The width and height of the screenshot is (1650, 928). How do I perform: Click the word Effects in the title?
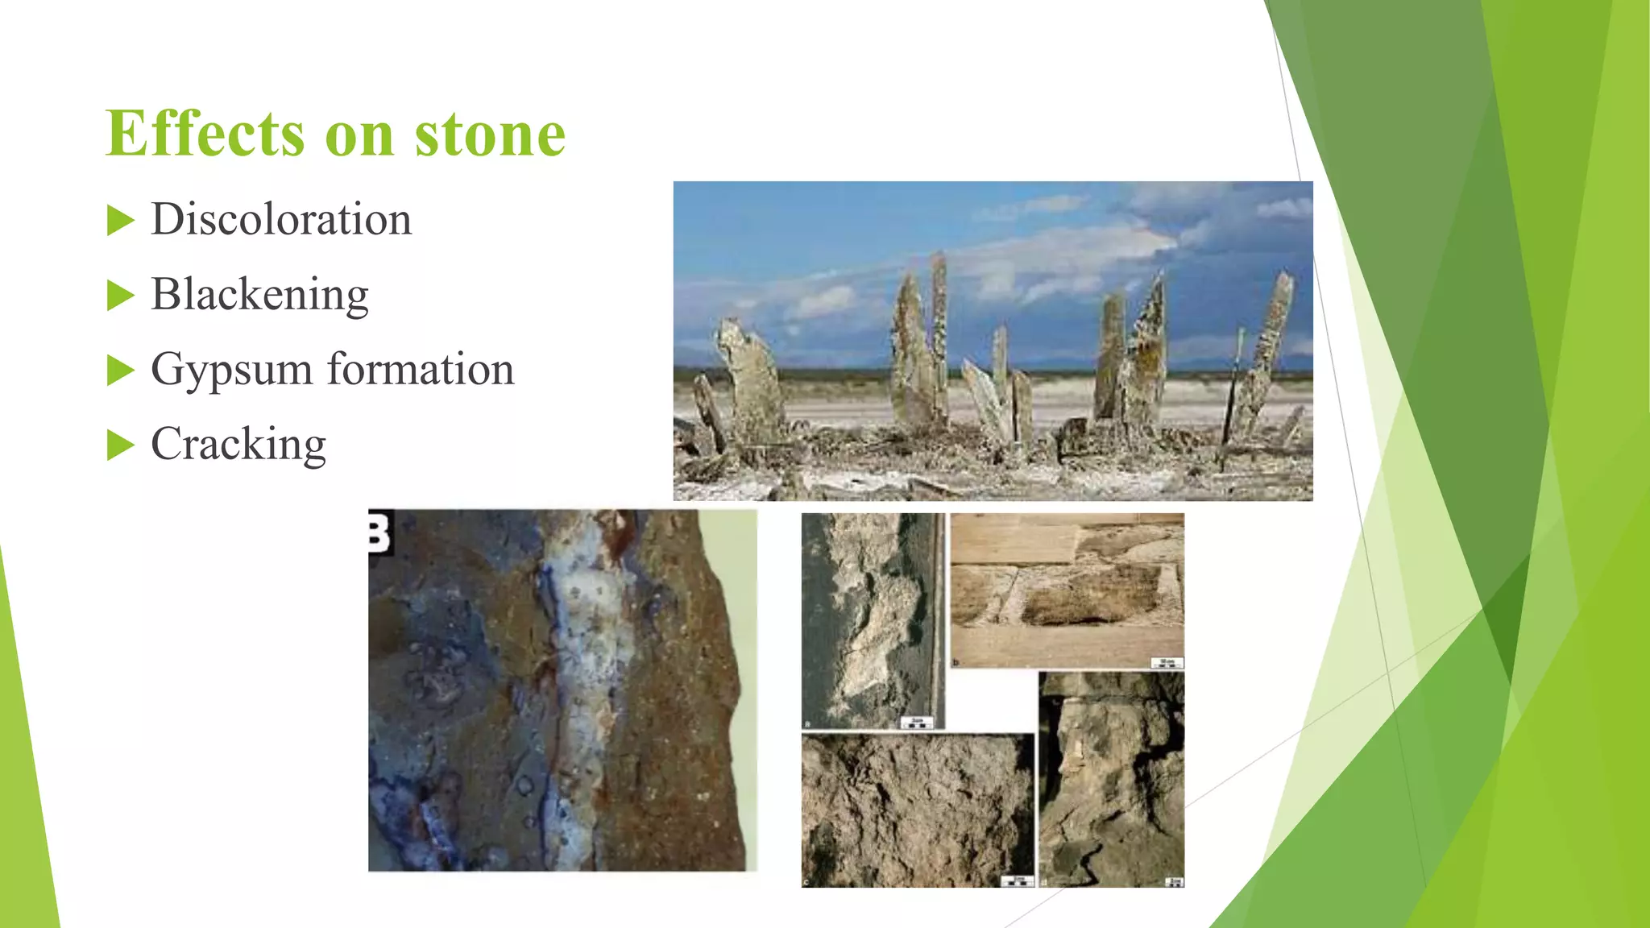[205, 134]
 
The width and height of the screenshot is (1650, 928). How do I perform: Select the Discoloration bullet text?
[281, 219]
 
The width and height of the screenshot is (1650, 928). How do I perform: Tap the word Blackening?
[259, 294]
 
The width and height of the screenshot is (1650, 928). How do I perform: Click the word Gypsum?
[231, 370]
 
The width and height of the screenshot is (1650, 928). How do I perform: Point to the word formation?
[420, 369]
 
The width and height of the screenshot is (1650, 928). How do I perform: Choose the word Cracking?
[238, 444]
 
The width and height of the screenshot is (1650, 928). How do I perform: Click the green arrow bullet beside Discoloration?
[120, 221]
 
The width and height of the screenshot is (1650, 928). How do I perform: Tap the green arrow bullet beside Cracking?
[120, 445]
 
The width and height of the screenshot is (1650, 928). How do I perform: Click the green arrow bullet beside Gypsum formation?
[120, 371]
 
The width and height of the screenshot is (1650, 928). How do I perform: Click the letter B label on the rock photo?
[379, 532]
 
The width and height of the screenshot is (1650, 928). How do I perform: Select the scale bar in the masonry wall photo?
[1167, 663]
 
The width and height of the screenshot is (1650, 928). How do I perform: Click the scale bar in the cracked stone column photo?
[1175, 882]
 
